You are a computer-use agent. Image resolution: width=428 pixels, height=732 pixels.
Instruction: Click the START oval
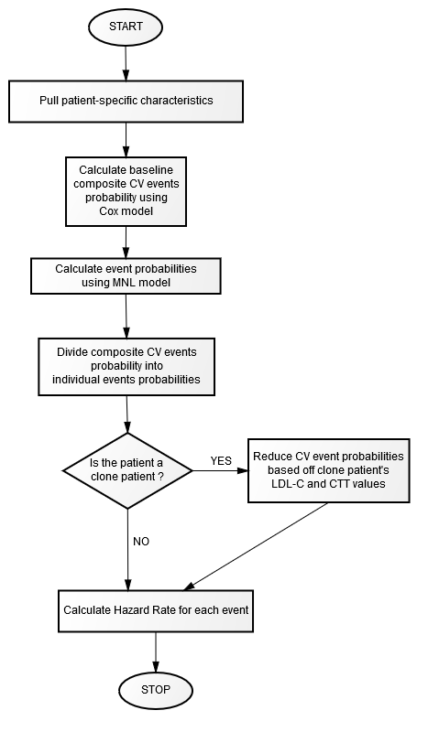point(126,27)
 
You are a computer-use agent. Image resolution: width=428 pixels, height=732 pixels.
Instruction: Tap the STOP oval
point(156,690)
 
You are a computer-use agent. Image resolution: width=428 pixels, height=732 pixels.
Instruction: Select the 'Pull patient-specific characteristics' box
point(126,102)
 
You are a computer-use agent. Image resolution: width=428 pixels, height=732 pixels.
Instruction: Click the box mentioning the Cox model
point(126,191)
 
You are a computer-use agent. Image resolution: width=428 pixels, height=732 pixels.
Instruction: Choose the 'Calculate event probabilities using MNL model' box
point(126,276)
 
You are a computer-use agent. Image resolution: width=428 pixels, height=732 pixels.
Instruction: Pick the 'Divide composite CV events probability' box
point(126,367)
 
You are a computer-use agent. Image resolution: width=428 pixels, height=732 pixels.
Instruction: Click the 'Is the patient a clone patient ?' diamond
point(127,470)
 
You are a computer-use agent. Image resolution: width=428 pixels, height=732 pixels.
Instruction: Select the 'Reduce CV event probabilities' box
point(328,470)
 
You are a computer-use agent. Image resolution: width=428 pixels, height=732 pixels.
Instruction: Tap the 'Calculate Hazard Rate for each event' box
point(156,610)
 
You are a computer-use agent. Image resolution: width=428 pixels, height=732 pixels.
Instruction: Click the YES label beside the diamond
point(221,461)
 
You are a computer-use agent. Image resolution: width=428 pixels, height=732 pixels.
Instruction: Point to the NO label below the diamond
point(141,542)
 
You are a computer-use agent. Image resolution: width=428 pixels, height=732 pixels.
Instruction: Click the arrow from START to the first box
point(126,61)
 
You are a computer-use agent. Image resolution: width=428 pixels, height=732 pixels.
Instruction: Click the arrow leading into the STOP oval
point(156,652)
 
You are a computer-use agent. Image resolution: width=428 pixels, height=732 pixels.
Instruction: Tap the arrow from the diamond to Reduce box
point(220,470)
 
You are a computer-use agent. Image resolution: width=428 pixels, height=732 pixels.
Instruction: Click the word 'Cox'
point(107,211)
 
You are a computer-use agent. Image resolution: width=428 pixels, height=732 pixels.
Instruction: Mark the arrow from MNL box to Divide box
point(126,316)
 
